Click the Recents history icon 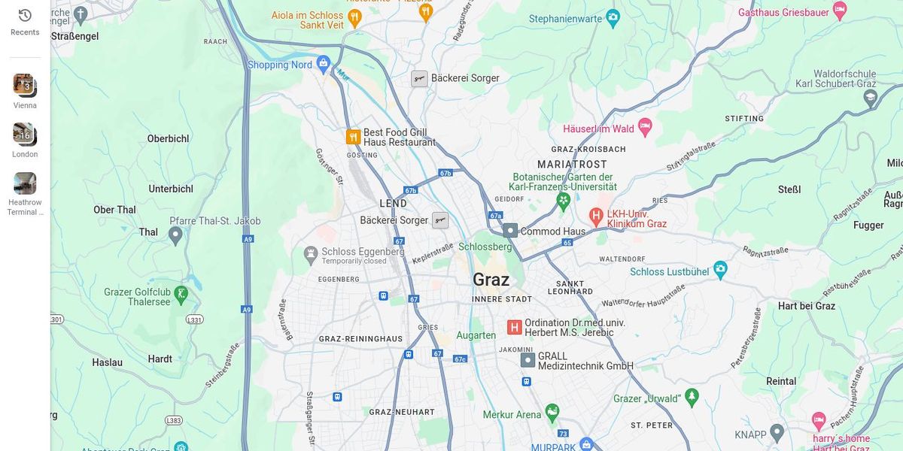click(x=25, y=16)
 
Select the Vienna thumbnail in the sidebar click(x=24, y=84)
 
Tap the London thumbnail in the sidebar click(x=24, y=134)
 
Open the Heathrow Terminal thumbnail click(x=25, y=183)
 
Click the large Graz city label click(x=491, y=280)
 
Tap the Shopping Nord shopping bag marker click(x=324, y=64)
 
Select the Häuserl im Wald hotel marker click(x=645, y=126)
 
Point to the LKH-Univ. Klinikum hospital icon click(x=596, y=217)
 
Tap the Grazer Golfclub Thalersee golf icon click(x=181, y=294)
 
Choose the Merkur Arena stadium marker click(x=552, y=413)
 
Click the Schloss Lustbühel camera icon click(x=720, y=269)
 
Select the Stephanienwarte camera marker click(x=613, y=17)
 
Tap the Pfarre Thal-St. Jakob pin click(x=175, y=235)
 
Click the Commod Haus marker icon click(x=510, y=231)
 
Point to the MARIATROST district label click(x=572, y=164)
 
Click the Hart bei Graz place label click(x=806, y=306)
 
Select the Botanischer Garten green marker click(x=563, y=201)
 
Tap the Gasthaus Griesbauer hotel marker click(x=840, y=11)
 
